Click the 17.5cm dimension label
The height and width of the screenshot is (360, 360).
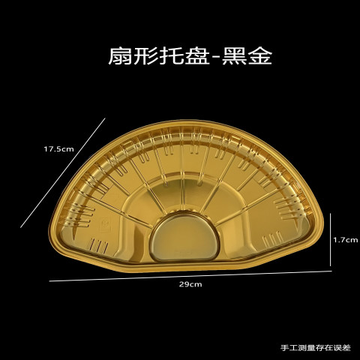click(59, 149)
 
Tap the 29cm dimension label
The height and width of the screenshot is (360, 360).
click(190, 284)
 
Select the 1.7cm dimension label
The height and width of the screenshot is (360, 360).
click(346, 240)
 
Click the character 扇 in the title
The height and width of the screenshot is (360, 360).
click(121, 56)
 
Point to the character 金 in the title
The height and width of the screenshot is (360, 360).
click(259, 56)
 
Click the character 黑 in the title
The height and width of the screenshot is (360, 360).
click(234, 56)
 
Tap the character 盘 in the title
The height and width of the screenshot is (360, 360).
click(197, 56)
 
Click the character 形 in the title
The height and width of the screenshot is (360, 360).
click(146, 56)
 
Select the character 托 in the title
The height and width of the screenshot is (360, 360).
click(172, 56)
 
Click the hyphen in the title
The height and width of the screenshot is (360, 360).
click(216, 58)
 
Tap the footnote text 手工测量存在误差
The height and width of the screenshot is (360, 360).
click(316, 348)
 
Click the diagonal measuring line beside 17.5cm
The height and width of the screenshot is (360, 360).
click(63, 172)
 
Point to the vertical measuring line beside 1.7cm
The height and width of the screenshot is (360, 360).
click(331, 239)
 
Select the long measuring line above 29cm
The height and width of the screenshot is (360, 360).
click(190, 276)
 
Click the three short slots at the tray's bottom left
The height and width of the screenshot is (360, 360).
click(99, 245)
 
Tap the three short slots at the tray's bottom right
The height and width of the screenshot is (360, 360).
click(272, 239)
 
